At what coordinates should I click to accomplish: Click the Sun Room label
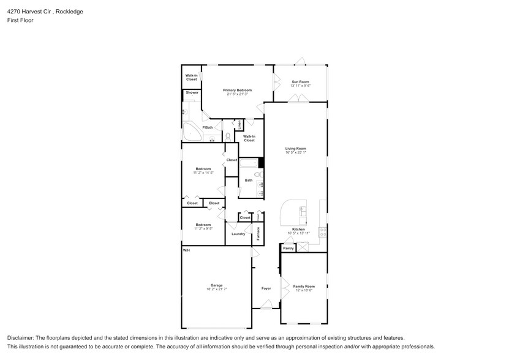tap(300, 82)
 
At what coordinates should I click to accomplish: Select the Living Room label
tap(295, 149)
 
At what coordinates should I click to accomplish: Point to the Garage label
tap(216, 285)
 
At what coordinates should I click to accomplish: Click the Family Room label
tap(304, 287)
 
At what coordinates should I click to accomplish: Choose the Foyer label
tap(266, 288)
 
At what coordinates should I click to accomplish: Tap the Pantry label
tap(288, 249)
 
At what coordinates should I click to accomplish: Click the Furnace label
tap(258, 233)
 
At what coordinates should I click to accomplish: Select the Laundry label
tap(238, 234)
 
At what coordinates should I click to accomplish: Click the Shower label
tap(192, 92)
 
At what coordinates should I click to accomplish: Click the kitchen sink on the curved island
tap(302, 211)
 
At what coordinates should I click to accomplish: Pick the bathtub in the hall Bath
tap(249, 163)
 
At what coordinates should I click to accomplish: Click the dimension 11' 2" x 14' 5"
tap(203, 173)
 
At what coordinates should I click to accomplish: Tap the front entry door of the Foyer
tap(265, 307)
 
